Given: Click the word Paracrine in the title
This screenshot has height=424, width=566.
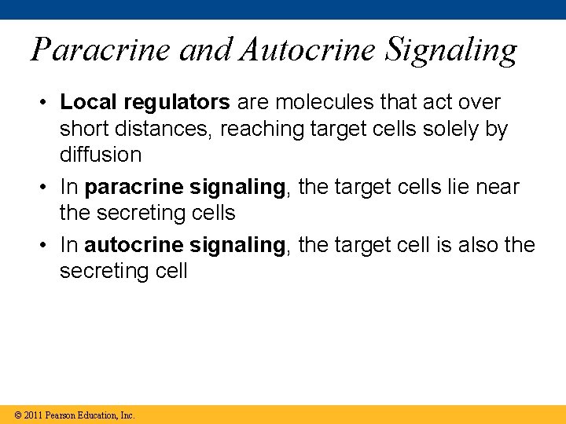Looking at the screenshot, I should pos(101,50).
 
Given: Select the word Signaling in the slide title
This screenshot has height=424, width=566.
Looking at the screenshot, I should pos(451,50).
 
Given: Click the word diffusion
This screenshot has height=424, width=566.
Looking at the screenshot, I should pos(101,154).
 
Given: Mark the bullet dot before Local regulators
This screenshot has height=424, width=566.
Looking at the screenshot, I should pos(47,103).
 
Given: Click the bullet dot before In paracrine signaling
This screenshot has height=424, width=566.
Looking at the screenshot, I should pos(47,187).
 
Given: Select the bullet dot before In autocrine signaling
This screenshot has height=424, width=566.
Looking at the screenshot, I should pos(47,246).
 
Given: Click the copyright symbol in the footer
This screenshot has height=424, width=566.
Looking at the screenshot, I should pos(18,415).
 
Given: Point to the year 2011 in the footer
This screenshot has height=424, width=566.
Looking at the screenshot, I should pos(33,415).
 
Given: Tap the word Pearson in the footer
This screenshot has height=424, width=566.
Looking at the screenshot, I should pos(61,415).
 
